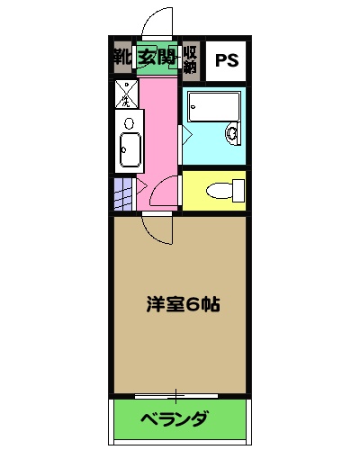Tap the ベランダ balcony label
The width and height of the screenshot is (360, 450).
click(176, 419)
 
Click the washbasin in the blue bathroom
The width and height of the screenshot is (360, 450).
click(232, 134)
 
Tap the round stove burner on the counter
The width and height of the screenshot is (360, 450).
click(129, 122)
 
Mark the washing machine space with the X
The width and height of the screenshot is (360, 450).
click(127, 93)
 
